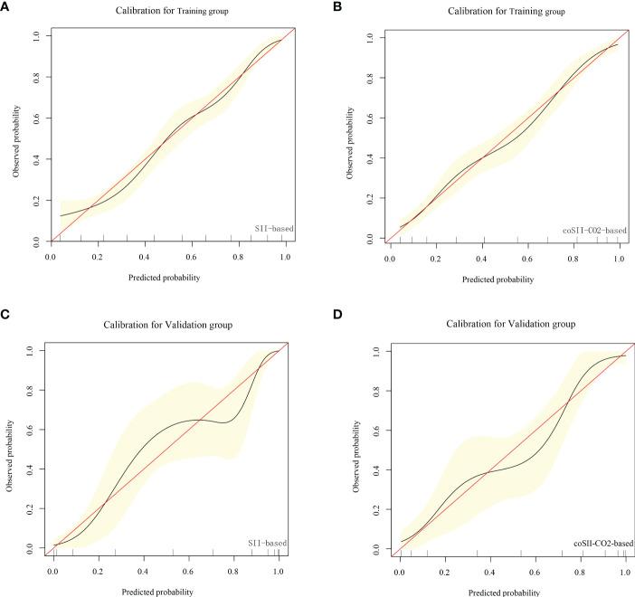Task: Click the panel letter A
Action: (6, 7)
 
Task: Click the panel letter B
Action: (336, 7)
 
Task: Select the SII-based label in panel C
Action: (269, 543)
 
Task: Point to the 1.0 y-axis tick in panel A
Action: (35, 34)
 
